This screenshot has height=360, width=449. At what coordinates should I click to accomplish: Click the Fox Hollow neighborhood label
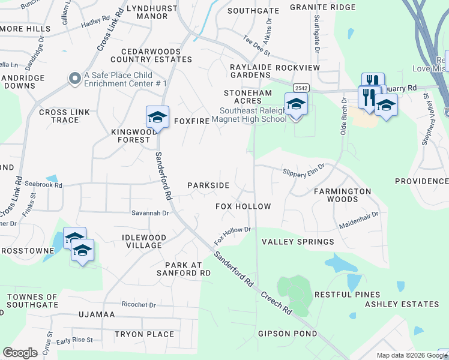click(243, 206)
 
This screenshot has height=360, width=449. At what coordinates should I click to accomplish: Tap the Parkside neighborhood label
click(208, 185)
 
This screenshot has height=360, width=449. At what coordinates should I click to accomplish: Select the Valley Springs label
click(298, 242)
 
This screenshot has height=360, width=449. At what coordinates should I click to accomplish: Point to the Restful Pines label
click(348, 295)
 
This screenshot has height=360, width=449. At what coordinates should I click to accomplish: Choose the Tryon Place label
click(144, 334)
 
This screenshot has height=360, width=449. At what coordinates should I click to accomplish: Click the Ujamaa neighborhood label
click(96, 314)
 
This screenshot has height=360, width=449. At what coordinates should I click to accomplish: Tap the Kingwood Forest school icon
click(157, 117)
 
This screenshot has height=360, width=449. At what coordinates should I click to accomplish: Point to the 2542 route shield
click(301, 88)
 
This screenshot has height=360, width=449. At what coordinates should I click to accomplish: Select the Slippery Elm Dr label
click(304, 172)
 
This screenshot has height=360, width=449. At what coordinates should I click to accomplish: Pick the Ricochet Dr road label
click(138, 305)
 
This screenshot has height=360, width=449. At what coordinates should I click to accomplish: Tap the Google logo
click(20, 353)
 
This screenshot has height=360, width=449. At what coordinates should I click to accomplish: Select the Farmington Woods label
click(342, 195)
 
